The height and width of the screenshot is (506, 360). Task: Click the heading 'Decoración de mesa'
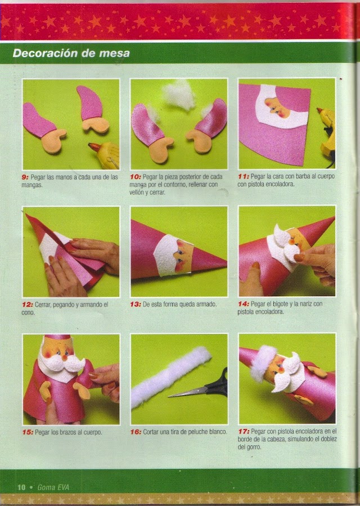click(x=71, y=53)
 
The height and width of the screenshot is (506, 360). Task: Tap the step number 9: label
click(x=25, y=177)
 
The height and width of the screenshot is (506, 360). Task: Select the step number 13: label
click(x=136, y=304)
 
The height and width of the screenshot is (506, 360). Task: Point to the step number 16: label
click(x=136, y=432)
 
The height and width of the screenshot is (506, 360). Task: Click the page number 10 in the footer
click(x=21, y=487)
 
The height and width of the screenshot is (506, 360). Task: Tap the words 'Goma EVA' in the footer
click(x=53, y=487)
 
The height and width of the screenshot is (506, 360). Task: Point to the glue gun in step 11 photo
click(x=327, y=135)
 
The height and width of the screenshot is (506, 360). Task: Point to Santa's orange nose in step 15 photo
click(x=65, y=357)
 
